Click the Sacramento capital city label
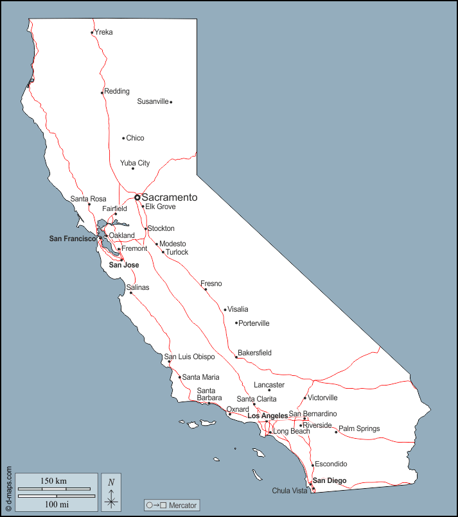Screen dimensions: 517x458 coord(169,198)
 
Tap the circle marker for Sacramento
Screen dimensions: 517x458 coord(137,198)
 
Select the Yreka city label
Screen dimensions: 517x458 coord(103,32)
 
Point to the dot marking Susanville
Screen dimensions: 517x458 coord(171,102)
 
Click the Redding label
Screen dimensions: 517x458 coord(117,91)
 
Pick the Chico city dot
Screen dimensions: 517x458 coord(123,138)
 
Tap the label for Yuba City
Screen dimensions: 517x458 coord(135,163)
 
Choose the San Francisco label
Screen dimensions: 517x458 coord(73,239)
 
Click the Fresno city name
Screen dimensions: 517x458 coord(211,283)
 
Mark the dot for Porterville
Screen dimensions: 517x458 coord(236,323)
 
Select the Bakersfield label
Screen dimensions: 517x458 coord(254,353)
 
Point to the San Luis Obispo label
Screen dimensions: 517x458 coord(190,357)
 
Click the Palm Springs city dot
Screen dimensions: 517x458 coord(336,432)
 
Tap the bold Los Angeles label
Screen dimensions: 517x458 coord(267,416)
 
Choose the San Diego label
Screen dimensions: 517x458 coord(330,480)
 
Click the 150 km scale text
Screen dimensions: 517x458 coord(53,481)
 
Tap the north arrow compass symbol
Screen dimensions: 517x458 coord(111,493)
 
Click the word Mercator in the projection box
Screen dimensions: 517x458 coord(182,505)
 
